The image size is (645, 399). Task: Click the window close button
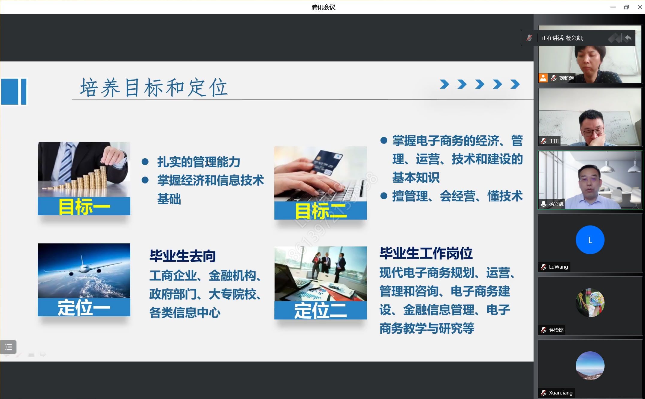[640, 7]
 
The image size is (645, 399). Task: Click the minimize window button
[613, 7]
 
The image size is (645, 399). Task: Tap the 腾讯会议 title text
[323, 7]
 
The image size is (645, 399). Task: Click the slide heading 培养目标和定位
[154, 87]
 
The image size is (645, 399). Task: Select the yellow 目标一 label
[84, 207]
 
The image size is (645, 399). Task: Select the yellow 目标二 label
[321, 211]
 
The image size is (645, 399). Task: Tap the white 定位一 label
[84, 308]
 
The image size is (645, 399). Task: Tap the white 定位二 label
[321, 311]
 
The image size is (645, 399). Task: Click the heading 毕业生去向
[182, 256]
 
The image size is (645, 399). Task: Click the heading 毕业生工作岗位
[426, 253]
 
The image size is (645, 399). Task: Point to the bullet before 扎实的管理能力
[145, 162]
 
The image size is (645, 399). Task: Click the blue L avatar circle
[590, 240]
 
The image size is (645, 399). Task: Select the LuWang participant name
[558, 267]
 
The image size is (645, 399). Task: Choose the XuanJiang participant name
[561, 393]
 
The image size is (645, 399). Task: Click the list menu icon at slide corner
[8, 347]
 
